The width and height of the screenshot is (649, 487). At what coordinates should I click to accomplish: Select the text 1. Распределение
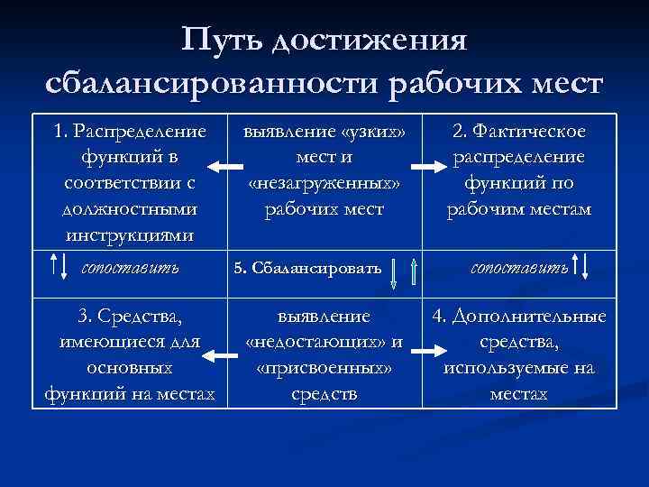[x=130, y=132]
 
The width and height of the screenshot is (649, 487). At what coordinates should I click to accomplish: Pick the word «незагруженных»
[x=324, y=184]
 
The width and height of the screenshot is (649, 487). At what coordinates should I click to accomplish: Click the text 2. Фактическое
[x=519, y=132]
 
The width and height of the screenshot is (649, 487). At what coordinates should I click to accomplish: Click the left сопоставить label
[x=130, y=267]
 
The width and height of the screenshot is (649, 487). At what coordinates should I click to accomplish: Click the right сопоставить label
[x=520, y=267]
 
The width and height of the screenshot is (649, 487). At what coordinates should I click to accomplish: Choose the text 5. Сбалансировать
[x=306, y=268]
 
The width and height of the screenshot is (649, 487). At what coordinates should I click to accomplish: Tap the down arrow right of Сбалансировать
[x=393, y=271]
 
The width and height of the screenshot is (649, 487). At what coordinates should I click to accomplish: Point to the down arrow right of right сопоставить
[x=586, y=268]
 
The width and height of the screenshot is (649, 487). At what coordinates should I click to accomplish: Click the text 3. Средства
[x=130, y=317]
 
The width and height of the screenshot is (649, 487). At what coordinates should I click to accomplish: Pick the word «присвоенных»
[x=324, y=369]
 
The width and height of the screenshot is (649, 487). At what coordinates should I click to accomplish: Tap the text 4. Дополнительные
[x=519, y=317]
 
